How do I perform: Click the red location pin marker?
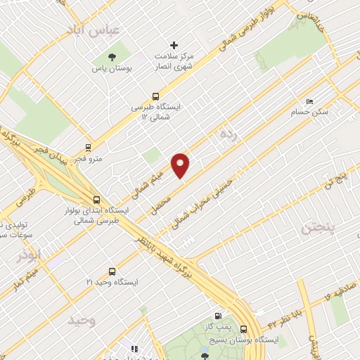[181, 165]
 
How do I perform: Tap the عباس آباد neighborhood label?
[93, 30]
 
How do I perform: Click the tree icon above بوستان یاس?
[112, 58]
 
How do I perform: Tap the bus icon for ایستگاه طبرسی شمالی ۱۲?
[155, 97]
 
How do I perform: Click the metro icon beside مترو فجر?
[88, 148]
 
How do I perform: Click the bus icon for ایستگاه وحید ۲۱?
[112, 271]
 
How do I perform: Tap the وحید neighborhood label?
[82, 320]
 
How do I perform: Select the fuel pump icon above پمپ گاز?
[219, 316]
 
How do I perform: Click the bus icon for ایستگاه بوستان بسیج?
[243, 328]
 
